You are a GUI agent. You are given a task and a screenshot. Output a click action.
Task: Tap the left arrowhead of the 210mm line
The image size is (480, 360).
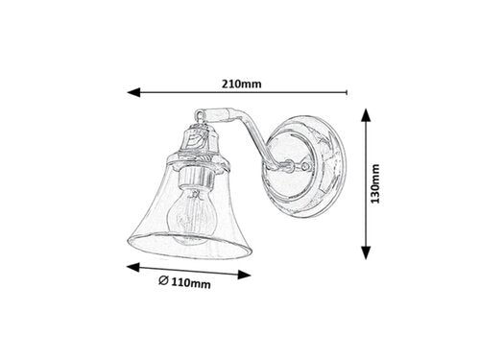tap(132, 93)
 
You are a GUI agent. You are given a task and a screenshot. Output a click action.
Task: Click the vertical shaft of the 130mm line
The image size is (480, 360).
tap(366, 182)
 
